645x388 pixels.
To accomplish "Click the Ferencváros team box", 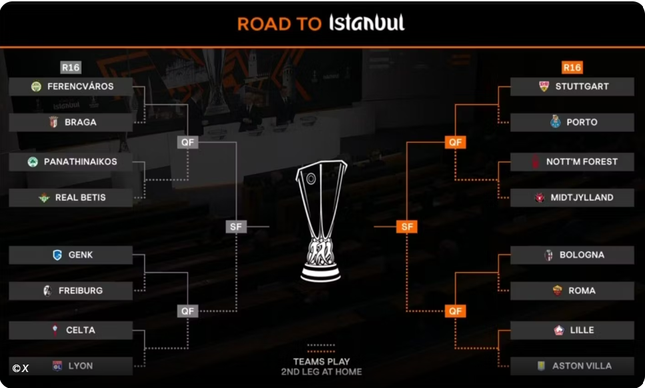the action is [71, 86].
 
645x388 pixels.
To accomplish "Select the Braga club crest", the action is [53, 122].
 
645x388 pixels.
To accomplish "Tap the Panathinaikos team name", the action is [81, 161].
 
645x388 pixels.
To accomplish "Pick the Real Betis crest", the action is [44, 198].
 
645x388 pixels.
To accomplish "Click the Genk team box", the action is [71, 255].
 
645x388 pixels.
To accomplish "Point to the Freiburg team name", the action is [81, 291].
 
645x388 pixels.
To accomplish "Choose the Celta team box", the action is [71, 330].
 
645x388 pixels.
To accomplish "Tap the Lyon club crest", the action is [57, 366].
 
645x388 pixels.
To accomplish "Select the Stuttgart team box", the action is [572, 86].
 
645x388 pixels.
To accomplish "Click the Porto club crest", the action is [556, 121].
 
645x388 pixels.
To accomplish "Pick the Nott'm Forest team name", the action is [582, 161].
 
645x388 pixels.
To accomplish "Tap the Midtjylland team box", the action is [572, 198].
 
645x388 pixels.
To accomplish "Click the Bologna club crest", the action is [549, 255].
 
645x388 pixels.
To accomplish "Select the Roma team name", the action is [582, 291].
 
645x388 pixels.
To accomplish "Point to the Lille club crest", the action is [559, 330].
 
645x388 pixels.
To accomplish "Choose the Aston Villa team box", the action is [572, 366].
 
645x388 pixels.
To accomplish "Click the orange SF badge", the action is [407, 227].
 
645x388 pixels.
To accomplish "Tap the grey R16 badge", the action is [71, 67].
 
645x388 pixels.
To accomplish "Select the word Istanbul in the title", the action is [367, 23].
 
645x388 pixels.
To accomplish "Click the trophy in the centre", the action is [321, 221].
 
